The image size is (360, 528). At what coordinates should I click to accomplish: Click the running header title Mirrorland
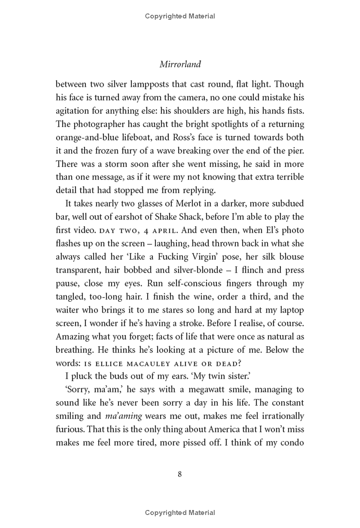pyautogui.click(x=180, y=64)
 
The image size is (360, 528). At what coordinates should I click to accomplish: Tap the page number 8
pyautogui.click(x=180, y=474)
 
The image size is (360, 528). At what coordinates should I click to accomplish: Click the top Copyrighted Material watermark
pyautogui.click(x=180, y=16)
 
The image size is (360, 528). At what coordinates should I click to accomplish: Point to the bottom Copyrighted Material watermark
pyautogui.click(x=180, y=513)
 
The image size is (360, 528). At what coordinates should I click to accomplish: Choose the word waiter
pyautogui.click(x=69, y=310)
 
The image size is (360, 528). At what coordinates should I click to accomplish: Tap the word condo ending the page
pyautogui.click(x=292, y=443)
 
